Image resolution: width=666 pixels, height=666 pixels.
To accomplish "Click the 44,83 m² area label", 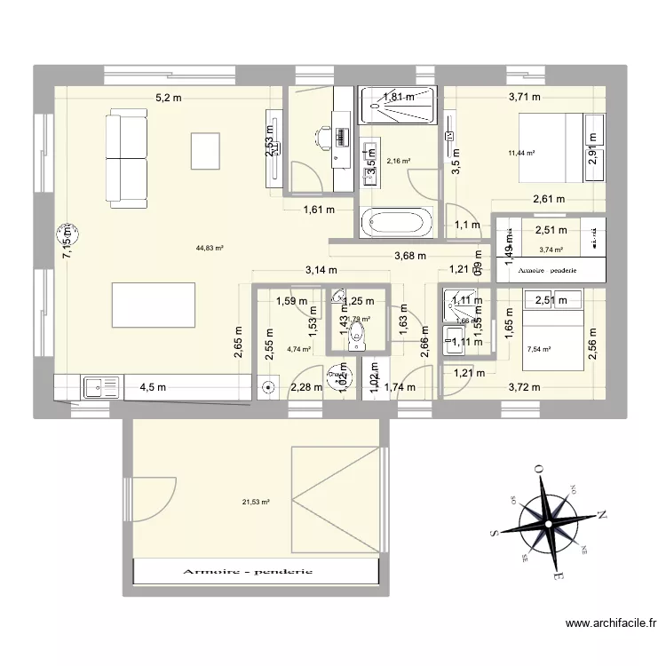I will coord(210,249).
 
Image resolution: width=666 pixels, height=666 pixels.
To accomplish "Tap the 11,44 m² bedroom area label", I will coord(521,153).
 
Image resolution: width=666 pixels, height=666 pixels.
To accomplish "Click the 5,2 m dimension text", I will coord(169,99).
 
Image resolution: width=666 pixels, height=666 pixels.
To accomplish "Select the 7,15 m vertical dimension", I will coord(66,240).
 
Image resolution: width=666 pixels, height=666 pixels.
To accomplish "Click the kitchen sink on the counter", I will coord(101,387).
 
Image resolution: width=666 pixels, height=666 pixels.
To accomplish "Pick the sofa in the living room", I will coord(126,157).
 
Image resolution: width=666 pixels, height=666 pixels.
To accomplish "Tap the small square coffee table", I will coord(204,150).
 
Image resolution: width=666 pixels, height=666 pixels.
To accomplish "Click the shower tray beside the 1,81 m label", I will coord(398,105).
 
